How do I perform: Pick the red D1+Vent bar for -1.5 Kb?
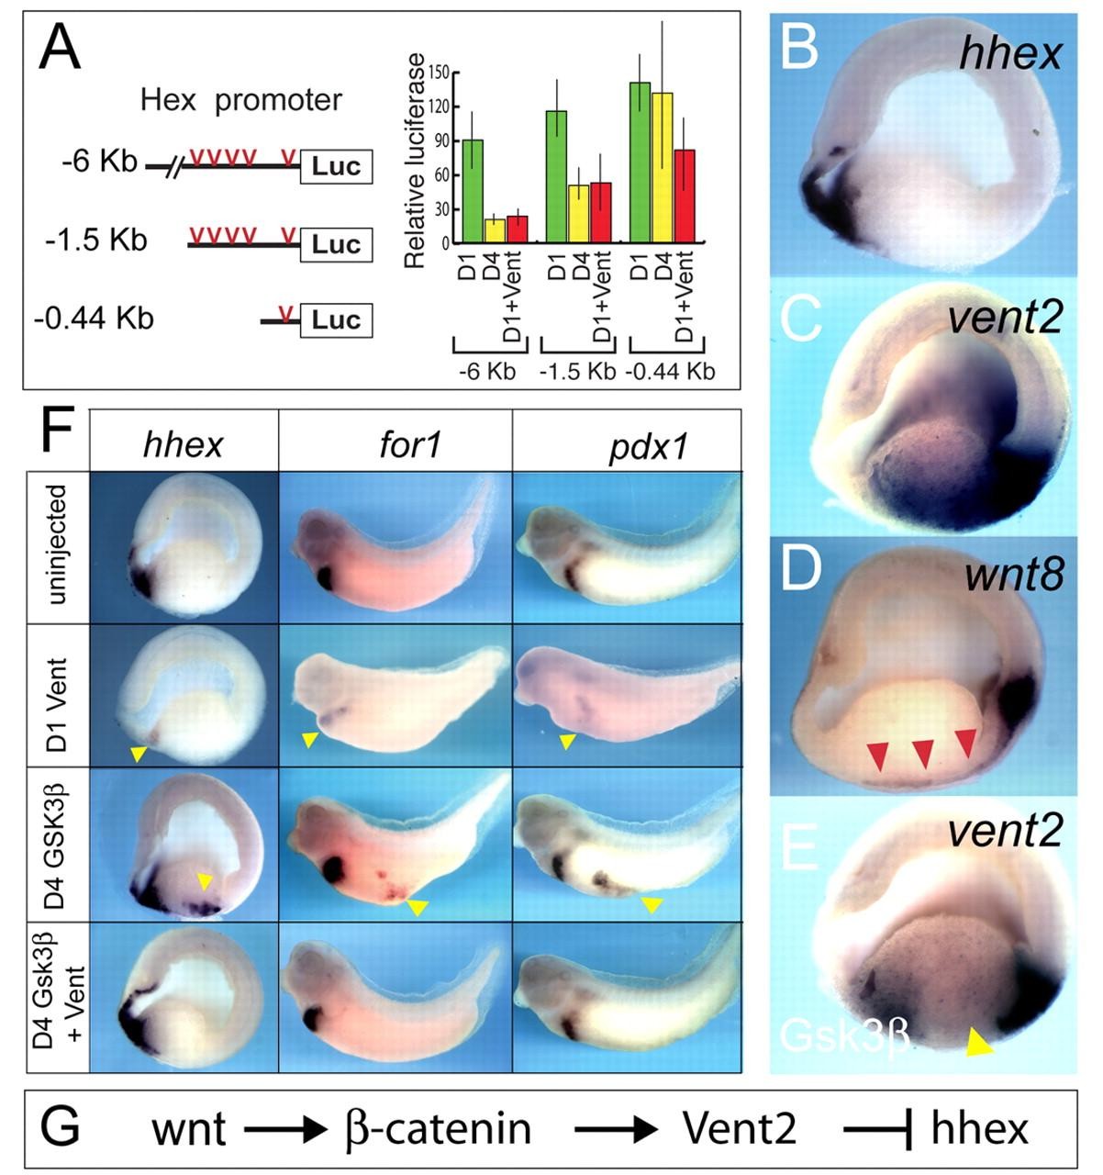[600, 213]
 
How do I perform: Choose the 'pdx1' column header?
[627, 445]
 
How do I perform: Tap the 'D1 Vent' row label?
[58, 696]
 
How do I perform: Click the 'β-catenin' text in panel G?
[440, 1128]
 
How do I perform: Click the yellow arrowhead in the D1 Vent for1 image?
[310, 740]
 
